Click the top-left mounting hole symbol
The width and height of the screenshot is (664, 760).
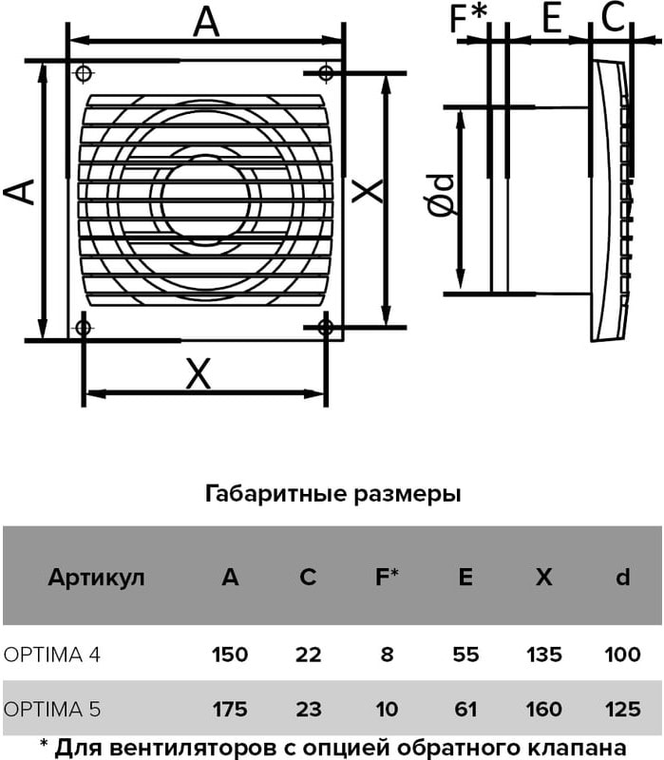pos(84,74)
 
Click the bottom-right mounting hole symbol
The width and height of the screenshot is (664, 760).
pos(326,328)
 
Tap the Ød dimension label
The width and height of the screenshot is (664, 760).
pos(441,195)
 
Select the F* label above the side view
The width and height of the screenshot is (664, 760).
pos(468,18)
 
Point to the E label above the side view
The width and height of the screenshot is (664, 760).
pos(552,17)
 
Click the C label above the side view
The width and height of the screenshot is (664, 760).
pos(613,17)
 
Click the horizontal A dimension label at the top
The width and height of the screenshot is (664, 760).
pos(206,22)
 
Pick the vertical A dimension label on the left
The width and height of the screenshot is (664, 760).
pos(18,191)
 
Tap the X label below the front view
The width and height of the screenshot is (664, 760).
pos(199,373)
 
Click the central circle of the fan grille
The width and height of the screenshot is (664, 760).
pos(205,199)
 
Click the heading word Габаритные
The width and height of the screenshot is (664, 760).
pos(276,494)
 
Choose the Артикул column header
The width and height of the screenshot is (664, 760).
pos(96,578)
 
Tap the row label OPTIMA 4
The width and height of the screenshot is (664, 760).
pos(52,655)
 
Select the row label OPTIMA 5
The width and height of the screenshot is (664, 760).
pos(52,709)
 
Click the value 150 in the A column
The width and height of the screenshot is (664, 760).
pos(230,655)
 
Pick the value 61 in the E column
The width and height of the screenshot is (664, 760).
pos(465,709)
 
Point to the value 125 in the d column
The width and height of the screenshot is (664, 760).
pos(623,709)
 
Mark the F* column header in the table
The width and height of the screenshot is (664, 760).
pos(387,577)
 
